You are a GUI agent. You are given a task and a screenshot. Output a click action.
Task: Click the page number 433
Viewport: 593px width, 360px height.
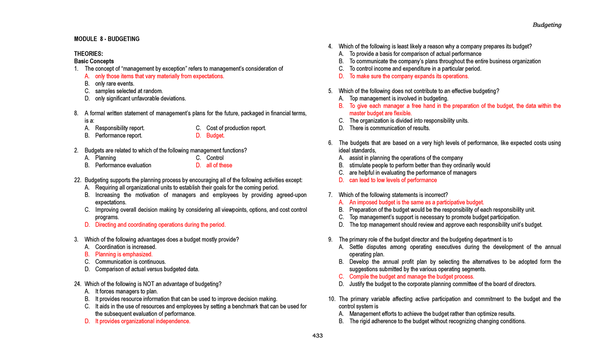tap(317, 336)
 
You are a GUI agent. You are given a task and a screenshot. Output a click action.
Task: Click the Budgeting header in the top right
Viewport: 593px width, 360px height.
tap(547, 25)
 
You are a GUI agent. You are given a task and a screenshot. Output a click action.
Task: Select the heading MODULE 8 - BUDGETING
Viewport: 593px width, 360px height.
tap(107, 39)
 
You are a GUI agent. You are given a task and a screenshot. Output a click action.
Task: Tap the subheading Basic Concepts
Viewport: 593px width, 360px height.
tap(94, 61)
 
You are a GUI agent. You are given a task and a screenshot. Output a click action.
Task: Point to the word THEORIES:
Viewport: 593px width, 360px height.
tap(88, 54)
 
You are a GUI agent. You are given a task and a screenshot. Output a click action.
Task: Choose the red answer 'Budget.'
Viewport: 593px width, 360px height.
tap(215, 135)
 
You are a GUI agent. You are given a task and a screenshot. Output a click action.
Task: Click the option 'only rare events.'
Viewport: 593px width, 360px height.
tap(115, 84)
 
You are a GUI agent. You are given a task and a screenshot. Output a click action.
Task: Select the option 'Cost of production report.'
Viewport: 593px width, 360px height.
tap(236, 128)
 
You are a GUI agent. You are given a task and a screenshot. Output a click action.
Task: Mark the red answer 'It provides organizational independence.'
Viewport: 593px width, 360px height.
tap(143, 321)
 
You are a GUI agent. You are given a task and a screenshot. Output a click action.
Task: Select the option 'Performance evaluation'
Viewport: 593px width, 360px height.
tap(123, 165)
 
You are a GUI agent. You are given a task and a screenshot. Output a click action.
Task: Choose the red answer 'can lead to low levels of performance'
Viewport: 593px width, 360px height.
tap(393, 180)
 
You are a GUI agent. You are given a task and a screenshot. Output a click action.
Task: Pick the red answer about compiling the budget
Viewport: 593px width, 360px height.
tap(412, 277)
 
